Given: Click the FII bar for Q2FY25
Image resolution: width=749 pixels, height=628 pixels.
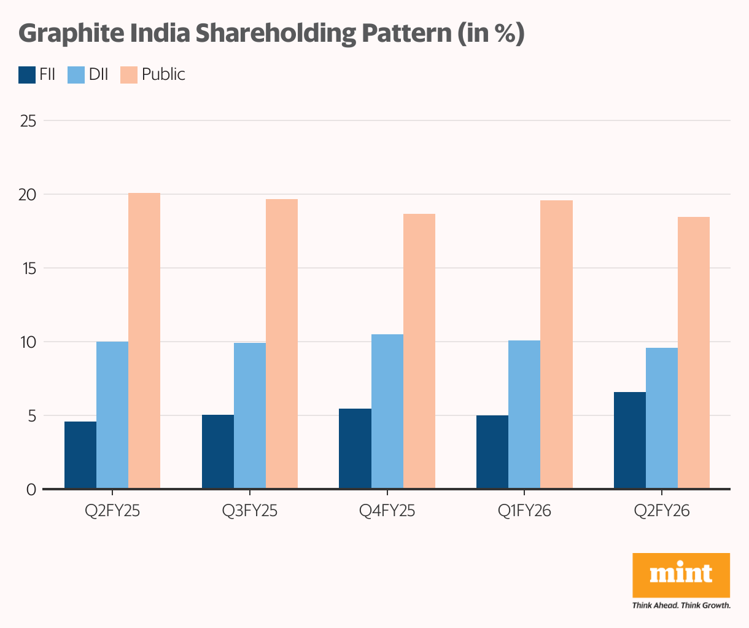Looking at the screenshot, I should [x=80, y=455].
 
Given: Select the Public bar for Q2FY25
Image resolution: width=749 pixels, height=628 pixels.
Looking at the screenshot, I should [x=144, y=341].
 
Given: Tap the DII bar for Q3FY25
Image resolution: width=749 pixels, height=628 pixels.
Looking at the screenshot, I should [x=250, y=415].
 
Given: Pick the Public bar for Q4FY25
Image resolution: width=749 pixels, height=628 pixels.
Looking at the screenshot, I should [x=419, y=351].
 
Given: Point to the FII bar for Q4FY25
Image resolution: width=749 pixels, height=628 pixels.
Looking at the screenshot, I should [x=355, y=449].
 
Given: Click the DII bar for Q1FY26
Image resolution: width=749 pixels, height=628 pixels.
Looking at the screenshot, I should [x=524, y=414].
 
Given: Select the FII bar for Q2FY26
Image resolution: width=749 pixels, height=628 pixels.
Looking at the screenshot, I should [x=630, y=440].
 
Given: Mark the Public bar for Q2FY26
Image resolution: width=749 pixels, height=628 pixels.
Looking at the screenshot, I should [x=694, y=353].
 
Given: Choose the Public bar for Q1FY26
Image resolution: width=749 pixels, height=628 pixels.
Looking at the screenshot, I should [x=556, y=344].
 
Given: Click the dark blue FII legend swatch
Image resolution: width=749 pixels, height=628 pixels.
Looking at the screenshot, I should [x=27, y=74].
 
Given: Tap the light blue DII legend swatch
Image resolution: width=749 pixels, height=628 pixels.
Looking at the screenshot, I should [x=76, y=74].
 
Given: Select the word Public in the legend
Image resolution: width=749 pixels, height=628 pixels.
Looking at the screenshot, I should [x=163, y=74].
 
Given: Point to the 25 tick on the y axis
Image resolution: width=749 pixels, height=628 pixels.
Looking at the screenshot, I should [x=28, y=121].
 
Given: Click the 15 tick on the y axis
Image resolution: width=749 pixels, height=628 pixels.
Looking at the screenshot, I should [x=28, y=269].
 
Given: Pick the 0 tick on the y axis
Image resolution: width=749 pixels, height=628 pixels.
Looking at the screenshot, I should [x=31, y=490].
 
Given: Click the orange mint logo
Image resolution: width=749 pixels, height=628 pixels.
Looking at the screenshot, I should [x=681, y=575].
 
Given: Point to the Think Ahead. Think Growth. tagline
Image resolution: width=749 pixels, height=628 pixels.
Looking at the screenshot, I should [x=681, y=605].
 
